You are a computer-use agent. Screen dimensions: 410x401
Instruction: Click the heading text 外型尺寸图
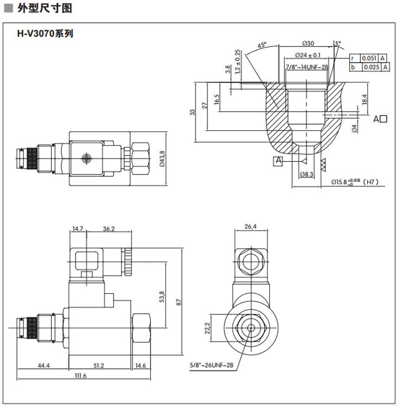pos(45,8)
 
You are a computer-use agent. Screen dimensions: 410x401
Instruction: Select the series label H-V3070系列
pos(45,34)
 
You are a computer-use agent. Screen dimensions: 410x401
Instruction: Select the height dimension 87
pos(179,303)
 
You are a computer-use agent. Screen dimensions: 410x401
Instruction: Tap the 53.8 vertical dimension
pos(162,297)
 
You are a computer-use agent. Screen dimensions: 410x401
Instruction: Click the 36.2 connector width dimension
pos(108,229)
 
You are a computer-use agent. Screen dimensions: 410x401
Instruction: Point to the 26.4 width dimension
pos(251,226)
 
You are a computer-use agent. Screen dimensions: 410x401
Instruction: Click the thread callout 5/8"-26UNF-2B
pos(213,364)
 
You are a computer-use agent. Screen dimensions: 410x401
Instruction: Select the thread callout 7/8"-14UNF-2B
pos(306,67)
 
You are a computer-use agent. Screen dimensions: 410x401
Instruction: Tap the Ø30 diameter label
pos(308,43)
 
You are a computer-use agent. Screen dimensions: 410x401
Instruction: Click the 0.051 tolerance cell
pos(369,58)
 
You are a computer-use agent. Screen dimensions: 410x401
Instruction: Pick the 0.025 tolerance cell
pos(369,67)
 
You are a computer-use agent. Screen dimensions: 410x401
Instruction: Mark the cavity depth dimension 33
pos(193,112)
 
